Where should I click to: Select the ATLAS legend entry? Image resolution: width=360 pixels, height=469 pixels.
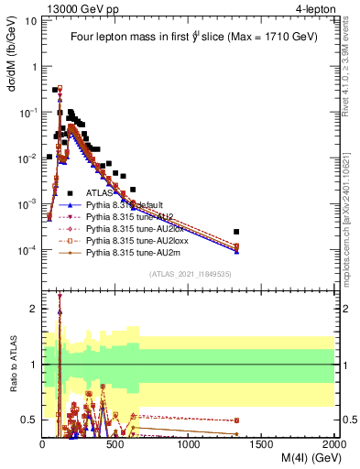[x=100, y=193]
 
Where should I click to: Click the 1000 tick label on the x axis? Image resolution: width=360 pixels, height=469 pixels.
[x=189, y=445]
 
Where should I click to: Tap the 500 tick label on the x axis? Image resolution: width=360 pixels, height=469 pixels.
[x=115, y=445]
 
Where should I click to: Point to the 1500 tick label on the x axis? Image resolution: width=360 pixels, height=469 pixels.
[x=262, y=445]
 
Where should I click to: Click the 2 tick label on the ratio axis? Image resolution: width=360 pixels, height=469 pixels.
[x=33, y=309]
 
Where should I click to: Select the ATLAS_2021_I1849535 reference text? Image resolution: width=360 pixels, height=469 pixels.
[x=188, y=274]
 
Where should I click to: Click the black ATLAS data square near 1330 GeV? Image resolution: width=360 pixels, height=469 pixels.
[x=236, y=232]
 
